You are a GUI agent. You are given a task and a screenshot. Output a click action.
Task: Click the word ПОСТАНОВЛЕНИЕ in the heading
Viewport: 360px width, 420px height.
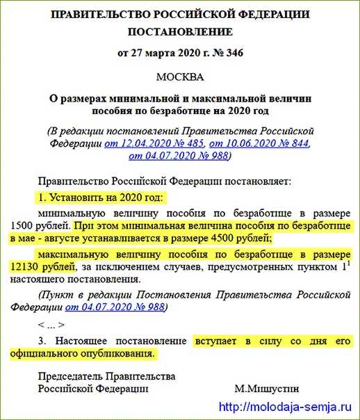click(x=180, y=32)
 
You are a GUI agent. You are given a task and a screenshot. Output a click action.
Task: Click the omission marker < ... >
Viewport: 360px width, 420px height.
click(x=52, y=325)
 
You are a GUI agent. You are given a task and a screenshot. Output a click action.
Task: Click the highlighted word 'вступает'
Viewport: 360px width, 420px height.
click(x=216, y=341)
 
